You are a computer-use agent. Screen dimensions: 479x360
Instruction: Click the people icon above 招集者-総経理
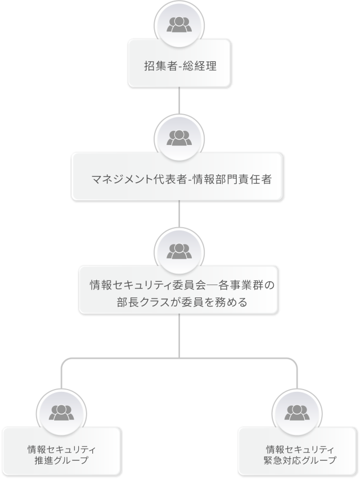(179, 24)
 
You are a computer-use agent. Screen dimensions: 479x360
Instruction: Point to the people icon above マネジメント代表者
(179, 137)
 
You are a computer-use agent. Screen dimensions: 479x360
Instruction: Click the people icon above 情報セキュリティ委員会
(179, 248)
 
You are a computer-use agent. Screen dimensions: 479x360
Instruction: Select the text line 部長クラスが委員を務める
(179, 303)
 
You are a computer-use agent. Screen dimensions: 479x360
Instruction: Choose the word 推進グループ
(61, 460)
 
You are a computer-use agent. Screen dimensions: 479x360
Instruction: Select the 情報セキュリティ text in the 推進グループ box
(61, 449)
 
